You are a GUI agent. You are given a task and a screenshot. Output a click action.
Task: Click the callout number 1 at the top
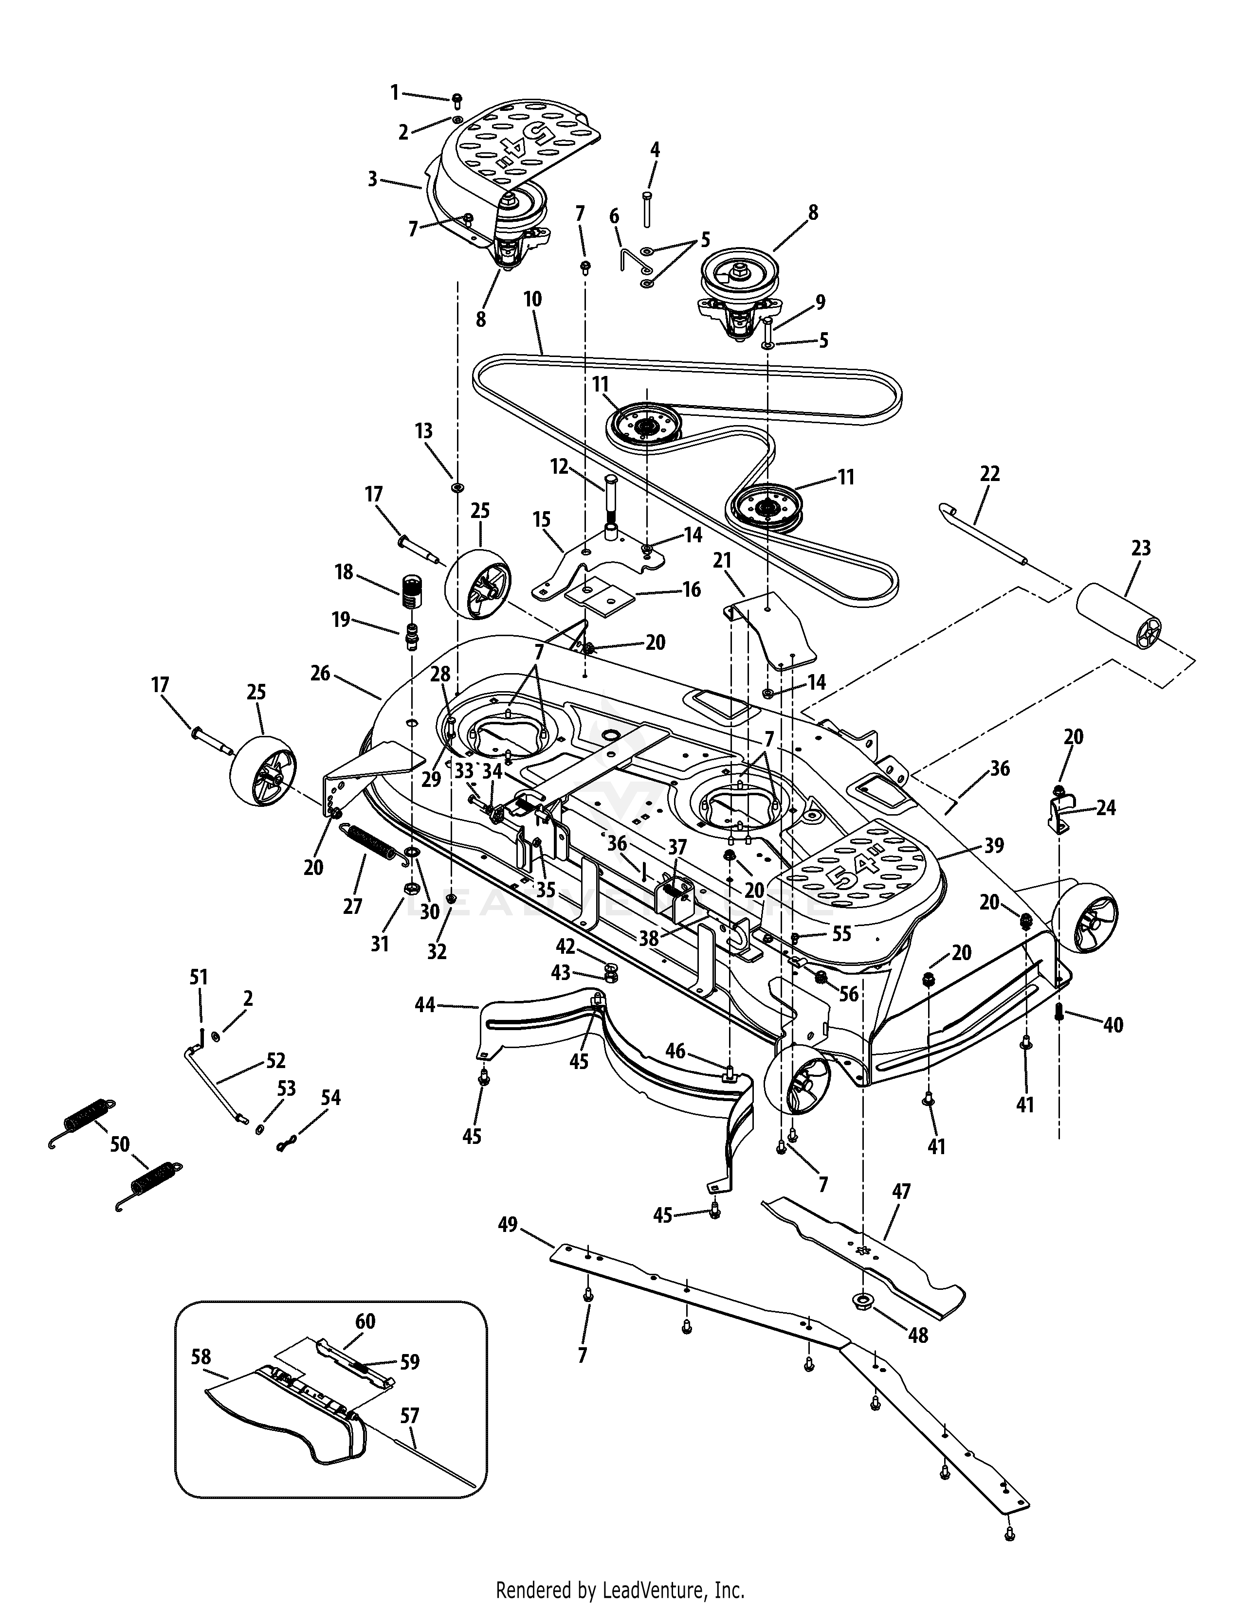pyautogui.click(x=394, y=92)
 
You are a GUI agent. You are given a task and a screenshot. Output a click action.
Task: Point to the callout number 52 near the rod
pyautogui.click(x=275, y=1060)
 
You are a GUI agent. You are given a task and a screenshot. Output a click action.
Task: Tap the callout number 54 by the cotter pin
pyautogui.click(x=331, y=1098)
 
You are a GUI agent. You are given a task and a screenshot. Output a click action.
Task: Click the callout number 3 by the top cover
pyautogui.click(x=373, y=178)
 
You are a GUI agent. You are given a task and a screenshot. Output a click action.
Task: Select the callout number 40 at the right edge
pyautogui.click(x=1113, y=1024)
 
